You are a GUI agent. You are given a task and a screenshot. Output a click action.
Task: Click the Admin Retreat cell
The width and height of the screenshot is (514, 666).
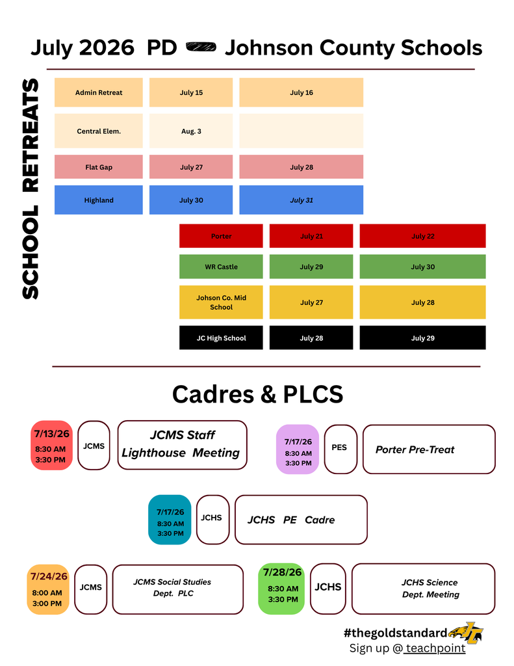point(99,92)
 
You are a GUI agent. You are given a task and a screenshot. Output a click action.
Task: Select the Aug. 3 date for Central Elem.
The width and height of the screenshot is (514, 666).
point(191,131)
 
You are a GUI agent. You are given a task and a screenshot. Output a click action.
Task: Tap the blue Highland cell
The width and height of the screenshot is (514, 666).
point(99,200)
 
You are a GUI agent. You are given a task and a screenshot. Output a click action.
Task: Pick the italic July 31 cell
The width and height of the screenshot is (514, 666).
point(302,200)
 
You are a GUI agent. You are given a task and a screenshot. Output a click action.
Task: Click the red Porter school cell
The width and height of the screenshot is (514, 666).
point(221,235)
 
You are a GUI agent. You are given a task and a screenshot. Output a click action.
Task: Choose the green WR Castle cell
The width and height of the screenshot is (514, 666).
point(221,266)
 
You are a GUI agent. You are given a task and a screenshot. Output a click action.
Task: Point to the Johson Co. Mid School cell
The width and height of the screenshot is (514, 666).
point(221,302)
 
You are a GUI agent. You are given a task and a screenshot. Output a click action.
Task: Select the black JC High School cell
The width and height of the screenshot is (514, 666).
point(221,338)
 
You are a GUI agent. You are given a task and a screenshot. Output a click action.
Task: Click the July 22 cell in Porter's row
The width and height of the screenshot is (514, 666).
point(423,235)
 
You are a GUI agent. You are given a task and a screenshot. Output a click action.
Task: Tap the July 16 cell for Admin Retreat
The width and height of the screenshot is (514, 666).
point(302,92)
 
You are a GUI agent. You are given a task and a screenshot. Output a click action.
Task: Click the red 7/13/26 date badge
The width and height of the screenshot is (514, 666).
point(52,445)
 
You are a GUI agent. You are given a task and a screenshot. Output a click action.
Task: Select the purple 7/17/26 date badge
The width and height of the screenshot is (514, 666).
point(298,449)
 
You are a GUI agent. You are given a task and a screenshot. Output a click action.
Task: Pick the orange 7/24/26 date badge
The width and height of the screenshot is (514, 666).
point(48,589)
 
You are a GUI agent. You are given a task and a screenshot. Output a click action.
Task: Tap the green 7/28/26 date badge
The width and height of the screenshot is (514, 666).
point(281,589)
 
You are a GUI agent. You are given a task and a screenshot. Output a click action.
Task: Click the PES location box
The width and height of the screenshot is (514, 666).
point(341,449)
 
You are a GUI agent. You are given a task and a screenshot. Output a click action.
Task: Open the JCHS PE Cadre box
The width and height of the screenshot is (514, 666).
point(301,520)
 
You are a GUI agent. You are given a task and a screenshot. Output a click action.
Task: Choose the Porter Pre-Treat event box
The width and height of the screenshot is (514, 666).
point(429,449)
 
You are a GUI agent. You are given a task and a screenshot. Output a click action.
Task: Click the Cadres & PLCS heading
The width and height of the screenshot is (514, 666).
point(257,394)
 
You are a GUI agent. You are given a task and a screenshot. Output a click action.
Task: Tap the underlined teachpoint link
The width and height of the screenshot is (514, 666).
point(435,648)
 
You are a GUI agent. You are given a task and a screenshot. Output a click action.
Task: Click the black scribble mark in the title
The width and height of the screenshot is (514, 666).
point(201,46)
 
